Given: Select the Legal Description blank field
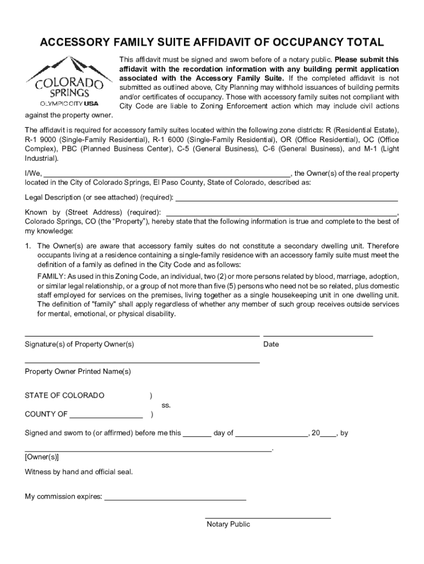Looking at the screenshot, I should (x=286, y=199).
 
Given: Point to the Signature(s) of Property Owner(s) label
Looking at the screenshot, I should (x=79, y=344).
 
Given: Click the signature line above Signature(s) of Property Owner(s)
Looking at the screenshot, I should (x=142, y=334).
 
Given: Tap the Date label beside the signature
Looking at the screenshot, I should (x=271, y=344).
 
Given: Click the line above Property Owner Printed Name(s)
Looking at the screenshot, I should (x=142, y=362).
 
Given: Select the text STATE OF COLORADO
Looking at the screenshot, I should (x=64, y=395).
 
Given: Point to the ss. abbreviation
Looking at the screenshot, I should (x=166, y=405).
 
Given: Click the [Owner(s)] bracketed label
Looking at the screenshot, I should (x=42, y=457).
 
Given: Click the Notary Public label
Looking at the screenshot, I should (x=228, y=524).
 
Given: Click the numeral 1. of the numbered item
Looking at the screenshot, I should (x=28, y=246).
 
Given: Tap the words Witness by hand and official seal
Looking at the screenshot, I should (x=79, y=472).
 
